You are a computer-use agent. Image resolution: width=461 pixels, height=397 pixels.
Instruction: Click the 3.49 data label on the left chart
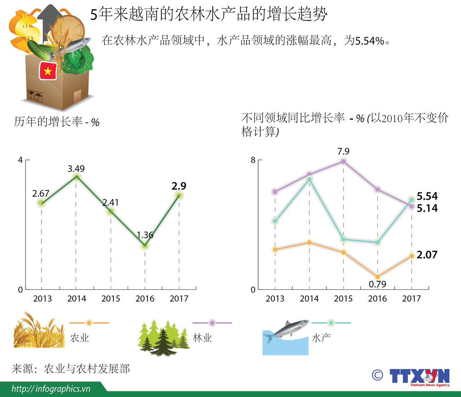pyautogui.click(x=76, y=169)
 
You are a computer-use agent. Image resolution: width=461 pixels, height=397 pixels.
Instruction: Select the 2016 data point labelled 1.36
pyautogui.click(x=145, y=245)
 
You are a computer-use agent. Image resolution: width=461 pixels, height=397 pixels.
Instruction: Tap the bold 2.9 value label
pyautogui.click(x=179, y=186)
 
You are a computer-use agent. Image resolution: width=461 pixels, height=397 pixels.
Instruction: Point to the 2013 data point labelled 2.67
pyautogui.click(x=41, y=203)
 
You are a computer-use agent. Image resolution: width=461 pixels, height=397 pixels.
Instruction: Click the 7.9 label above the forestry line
pyautogui.click(x=343, y=152)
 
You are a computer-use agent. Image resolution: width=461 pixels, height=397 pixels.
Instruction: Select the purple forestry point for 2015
pyautogui.click(x=343, y=162)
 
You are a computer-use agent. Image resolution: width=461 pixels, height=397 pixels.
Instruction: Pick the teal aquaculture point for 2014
pyautogui.click(x=309, y=180)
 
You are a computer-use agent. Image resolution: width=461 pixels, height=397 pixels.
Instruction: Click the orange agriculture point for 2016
pyautogui.click(x=377, y=277)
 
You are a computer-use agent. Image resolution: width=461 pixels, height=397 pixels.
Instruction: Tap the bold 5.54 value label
pyautogui.click(x=427, y=196)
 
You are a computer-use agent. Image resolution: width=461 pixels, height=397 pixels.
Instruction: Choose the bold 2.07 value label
pyautogui.click(x=427, y=255)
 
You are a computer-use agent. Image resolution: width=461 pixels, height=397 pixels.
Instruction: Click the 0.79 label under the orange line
pyautogui.click(x=377, y=284)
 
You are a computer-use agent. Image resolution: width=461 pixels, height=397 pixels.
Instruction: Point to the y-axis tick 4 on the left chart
pyautogui.click(x=20, y=160)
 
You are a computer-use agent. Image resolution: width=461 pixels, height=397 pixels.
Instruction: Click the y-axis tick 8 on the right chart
pyautogui.click(x=253, y=160)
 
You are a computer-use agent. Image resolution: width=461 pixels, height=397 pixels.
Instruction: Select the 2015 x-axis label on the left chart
pyautogui.click(x=111, y=299)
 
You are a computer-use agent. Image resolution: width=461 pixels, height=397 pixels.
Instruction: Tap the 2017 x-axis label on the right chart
pyautogui.click(x=411, y=299)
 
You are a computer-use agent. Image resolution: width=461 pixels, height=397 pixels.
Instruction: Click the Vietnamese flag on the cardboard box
pyautogui.click(x=48, y=71)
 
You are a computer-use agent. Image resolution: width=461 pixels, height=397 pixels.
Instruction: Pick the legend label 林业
pyautogui.click(x=202, y=338)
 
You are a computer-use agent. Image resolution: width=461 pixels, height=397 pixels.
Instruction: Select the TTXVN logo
pyautogui.click(x=419, y=376)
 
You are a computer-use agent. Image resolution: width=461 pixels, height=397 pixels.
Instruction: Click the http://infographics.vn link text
pyautogui.click(x=51, y=389)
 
